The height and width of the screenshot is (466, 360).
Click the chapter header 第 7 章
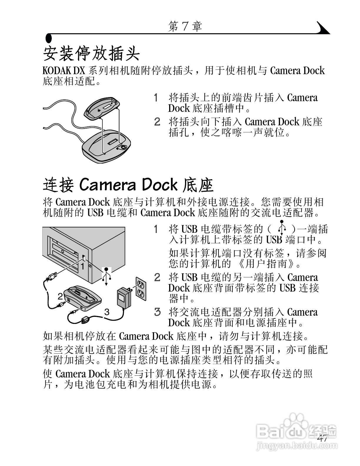[x=185, y=27]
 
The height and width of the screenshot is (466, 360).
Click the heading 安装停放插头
[x=91, y=53]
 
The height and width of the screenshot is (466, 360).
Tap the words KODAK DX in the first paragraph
[x=64, y=71]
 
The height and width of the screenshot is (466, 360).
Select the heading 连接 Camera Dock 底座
[x=128, y=185]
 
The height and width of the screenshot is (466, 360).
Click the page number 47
[x=322, y=438]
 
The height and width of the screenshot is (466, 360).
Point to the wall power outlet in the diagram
[x=141, y=288]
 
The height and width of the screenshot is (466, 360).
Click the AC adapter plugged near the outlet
[x=123, y=297]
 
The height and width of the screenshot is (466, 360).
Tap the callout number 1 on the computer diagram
[x=83, y=267]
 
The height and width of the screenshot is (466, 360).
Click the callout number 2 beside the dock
[x=60, y=296]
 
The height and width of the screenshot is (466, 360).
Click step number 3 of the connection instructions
[x=157, y=312]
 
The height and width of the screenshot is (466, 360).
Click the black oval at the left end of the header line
[x=49, y=38]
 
